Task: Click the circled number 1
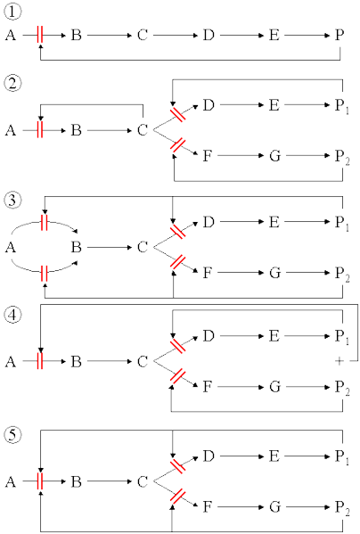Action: [12, 12]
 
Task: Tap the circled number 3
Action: [12, 200]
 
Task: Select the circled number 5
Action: [12, 435]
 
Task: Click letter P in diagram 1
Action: [340, 35]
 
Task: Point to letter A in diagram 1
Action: [11, 35]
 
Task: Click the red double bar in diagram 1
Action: [40, 35]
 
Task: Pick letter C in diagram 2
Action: [143, 130]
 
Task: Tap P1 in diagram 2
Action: [341, 106]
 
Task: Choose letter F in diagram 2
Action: [208, 156]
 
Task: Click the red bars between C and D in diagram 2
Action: [177, 114]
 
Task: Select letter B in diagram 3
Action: [77, 247]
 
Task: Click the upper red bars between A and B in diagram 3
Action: [44, 223]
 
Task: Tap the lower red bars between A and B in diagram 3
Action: [44, 274]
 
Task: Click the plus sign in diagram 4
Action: [339, 361]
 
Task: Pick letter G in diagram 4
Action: [275, 387]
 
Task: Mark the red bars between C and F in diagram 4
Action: [177, 376]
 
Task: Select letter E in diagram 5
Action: [274, 456]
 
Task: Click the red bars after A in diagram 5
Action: [40, 481]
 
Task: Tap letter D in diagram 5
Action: [209, 456]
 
